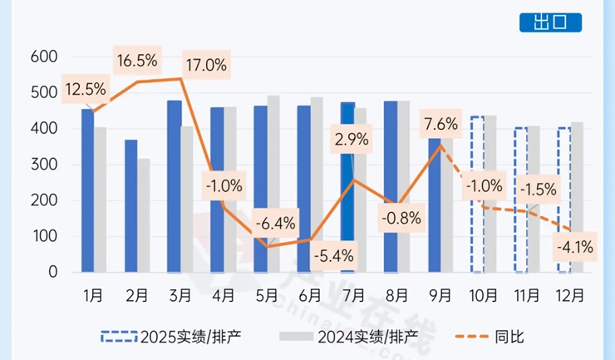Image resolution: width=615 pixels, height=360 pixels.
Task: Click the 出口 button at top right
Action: click(550, 23)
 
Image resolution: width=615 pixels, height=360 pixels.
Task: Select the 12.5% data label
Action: click(86, 88)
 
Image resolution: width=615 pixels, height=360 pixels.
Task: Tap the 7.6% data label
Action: click(440, 125)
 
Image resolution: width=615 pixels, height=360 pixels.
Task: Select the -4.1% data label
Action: click(576, 246)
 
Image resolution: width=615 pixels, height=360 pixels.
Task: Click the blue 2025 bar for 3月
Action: click(174, 186)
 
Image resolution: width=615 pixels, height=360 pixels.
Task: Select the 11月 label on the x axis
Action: click(527, 294)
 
